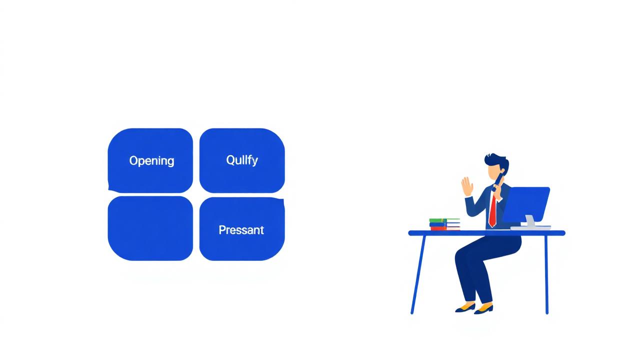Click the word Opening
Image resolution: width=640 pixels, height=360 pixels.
coord(151,161)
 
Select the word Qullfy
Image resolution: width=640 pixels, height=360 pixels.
coord(242,160)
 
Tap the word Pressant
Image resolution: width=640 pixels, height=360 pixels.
coord(241,230)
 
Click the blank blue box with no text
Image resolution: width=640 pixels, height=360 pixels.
coord(150,228)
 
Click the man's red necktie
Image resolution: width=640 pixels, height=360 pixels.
coord(492,210)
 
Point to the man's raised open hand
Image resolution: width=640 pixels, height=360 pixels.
coord(467,186)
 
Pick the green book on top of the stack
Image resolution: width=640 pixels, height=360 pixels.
coord(444,220)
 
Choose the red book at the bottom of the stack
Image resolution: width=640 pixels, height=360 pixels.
coord(444,228)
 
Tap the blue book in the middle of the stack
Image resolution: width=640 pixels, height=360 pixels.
coord(444,224)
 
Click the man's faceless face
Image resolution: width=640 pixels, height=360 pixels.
coord(496,174)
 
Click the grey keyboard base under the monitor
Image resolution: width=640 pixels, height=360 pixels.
coord(530,227)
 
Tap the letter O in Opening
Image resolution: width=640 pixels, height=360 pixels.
coord(133,160)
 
